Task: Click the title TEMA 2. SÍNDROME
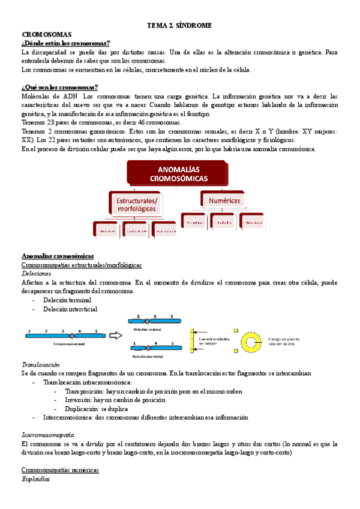pos(180,25)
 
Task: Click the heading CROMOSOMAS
pos(47,35)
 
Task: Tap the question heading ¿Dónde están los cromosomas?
pos(65,44)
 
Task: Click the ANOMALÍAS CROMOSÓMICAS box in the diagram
pos(179,174)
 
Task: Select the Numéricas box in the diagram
pos(221,199)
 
